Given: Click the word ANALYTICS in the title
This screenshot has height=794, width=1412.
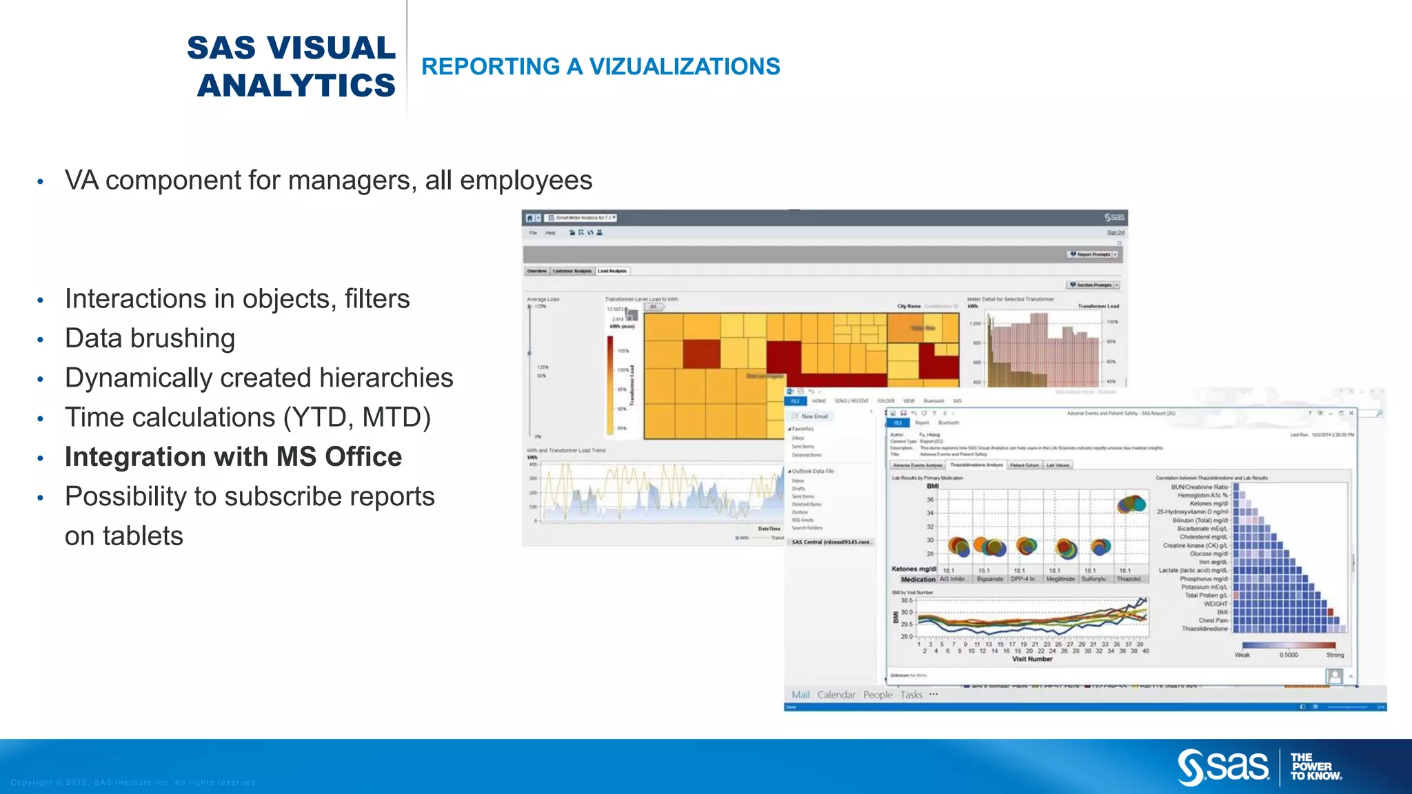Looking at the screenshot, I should coord(296,86).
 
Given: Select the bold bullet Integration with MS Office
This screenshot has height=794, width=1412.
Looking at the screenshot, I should coord(233,457).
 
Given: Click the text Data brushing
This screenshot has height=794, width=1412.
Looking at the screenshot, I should coord(150,338).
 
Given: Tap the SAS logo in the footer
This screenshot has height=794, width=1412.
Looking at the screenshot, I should coord(1223,766).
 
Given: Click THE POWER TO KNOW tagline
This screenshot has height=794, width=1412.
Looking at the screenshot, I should coord(1315,766).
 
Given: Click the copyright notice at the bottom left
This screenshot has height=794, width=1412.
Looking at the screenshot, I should coord(134,782).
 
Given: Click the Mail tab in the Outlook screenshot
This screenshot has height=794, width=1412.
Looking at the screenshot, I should coord(800,695).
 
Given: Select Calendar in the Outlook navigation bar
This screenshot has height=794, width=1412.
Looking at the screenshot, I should coord(836,695).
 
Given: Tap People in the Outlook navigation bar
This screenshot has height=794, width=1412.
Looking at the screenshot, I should coord(878,695).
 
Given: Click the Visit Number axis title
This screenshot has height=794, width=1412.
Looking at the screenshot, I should coord(1032,659).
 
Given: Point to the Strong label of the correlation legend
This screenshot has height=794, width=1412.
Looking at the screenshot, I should coord(1335,655).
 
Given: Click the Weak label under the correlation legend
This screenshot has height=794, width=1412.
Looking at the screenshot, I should coord(1242,655).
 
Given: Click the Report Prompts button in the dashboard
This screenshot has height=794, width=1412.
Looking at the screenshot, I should coord(1093,254).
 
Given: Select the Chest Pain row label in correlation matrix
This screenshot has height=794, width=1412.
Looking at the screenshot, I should coord(1213,620).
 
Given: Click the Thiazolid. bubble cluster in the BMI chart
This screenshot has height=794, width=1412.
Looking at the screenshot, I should coord(1131,505).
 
